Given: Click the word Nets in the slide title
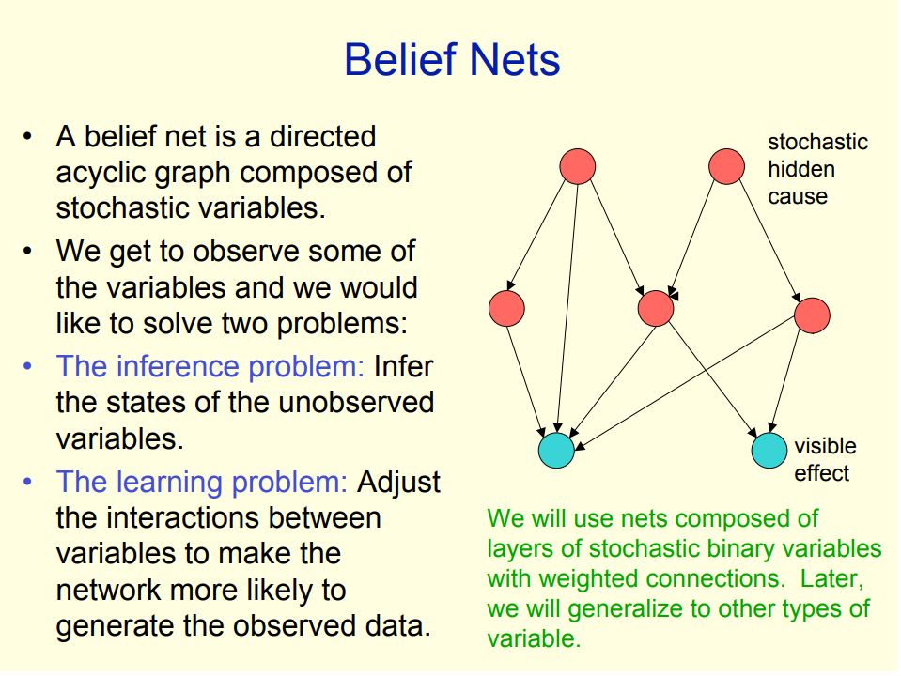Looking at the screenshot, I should (514, 60).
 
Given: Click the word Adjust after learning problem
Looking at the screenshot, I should (399, 482).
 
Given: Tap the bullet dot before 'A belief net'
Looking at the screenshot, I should (30, 138).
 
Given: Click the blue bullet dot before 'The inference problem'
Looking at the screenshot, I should (30, 366).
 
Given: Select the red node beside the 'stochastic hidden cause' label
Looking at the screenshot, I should (726, 167).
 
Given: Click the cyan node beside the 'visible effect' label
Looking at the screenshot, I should (769, 451).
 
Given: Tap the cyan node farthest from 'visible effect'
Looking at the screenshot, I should (556, 450).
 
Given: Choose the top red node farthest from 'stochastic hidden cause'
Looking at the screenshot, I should (578, 167).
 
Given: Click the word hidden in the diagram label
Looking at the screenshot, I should (800, 169).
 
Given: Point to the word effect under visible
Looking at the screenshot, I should (821, 473).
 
